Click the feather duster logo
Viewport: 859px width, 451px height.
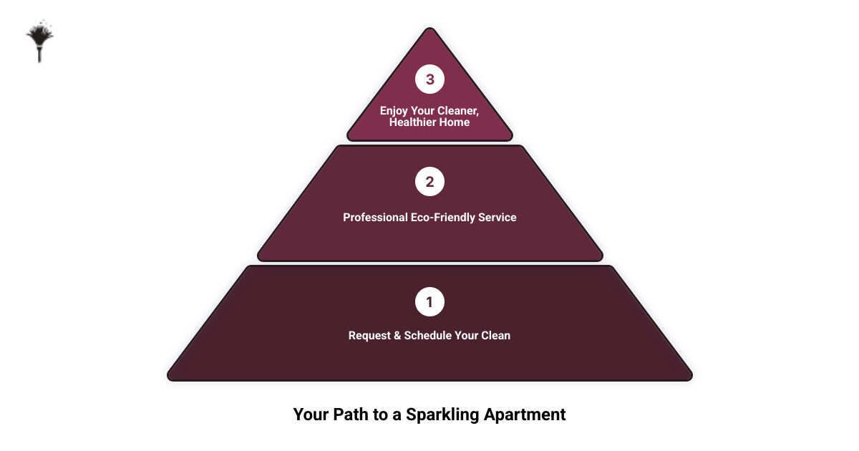[x=39, y=42]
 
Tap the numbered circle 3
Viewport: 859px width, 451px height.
[x=429, y=79]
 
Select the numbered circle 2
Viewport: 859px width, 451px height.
[x=429, y=182]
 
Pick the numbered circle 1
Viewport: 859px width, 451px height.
[x=429, y=302]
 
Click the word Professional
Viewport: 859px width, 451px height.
[x=375, y=217]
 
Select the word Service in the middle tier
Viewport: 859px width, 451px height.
[x=497, y=217]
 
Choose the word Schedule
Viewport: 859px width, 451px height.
[x=429, y=335]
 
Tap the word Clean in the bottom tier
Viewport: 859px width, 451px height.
[x=495, y=335]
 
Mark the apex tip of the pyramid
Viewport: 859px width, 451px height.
[x=429, y=29]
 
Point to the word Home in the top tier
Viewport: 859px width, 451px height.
[x=456, y=122]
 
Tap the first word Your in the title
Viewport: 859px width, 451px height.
[x=309, y=414]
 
